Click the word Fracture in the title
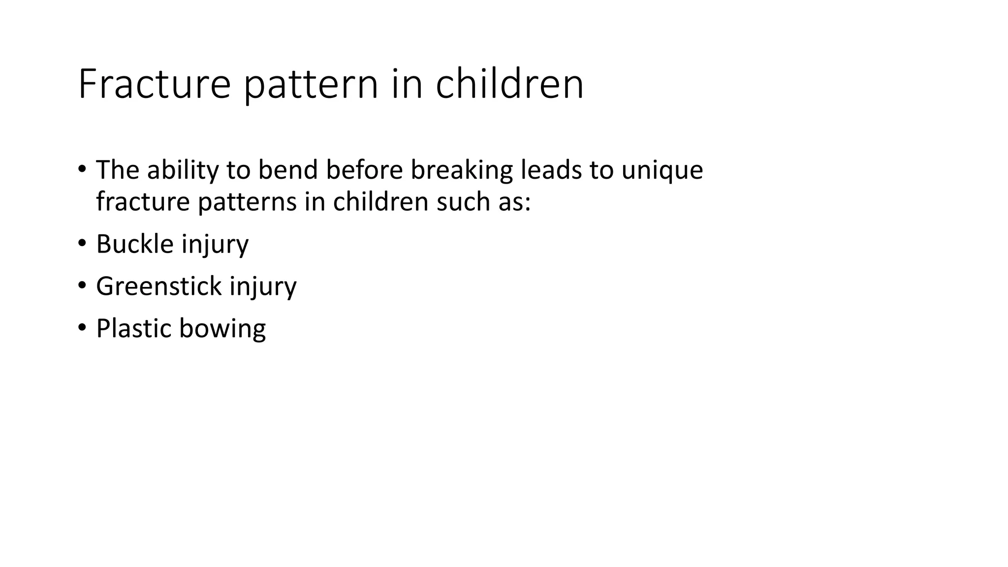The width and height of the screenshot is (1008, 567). coord(154,84)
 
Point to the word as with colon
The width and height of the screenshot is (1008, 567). coord(515,202)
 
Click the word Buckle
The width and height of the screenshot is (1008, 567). coord(135,244)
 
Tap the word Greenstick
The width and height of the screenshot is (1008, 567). coord(158,286)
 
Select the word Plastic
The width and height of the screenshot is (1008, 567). coord(133,329)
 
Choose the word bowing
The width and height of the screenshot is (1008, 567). coord(222,329)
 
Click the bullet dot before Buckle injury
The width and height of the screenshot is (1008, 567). coord(82,243)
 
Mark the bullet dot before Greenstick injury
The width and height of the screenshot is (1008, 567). coord(82,285)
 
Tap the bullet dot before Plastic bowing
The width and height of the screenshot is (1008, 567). coord(82,327)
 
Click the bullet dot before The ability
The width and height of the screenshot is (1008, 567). coord(82,169)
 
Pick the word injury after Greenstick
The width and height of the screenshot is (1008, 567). coord(263,286)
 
